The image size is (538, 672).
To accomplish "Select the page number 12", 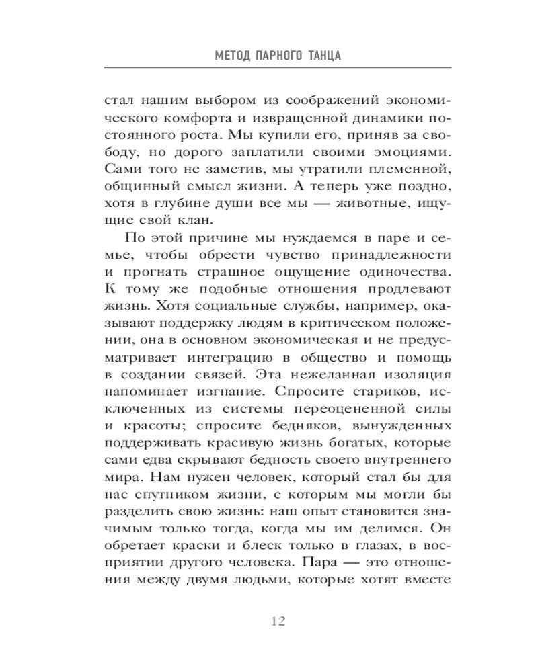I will (278, 620).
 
